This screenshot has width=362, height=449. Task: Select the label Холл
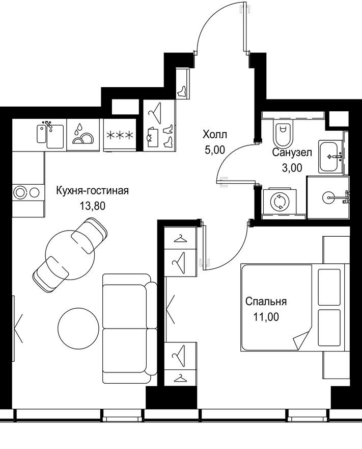pyautogui.click(x=214, y=135)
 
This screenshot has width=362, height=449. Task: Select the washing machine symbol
pyautogui.click(x=279, y=203)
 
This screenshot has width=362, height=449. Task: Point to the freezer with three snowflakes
pyautogui.click(x=119, y=135)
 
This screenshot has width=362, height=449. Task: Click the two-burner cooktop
pyautogui.click(x=26, y=192)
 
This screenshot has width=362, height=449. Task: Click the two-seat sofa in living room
pyautogui.click(x=129, y=329)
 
